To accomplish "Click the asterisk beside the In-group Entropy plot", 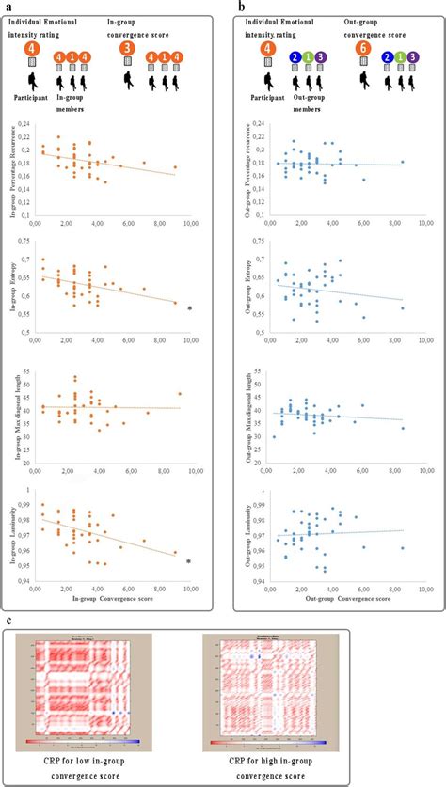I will tap(189, 309).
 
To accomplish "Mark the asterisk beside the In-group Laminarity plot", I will tap(189, 562).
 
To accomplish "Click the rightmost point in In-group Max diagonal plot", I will tap(179, 394).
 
